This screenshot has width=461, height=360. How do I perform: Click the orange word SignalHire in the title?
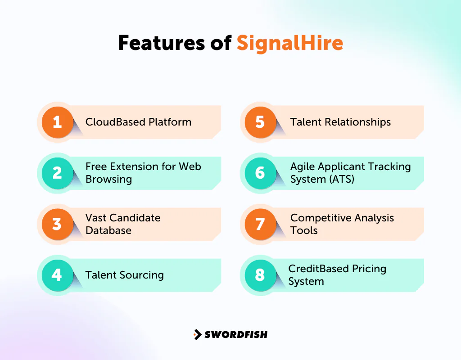(290, 43)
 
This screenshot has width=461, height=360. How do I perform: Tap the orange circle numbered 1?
(57, 122)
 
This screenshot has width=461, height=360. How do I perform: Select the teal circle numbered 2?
(57, 173)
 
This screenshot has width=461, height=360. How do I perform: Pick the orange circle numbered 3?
(57, 224)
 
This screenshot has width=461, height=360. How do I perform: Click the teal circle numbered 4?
(57, 274)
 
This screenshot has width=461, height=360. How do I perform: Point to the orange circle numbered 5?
(260, 122)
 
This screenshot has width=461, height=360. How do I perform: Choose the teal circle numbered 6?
(260, 173)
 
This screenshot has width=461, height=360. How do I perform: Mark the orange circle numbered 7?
(260, 224)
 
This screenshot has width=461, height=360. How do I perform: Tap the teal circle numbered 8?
(260, 274)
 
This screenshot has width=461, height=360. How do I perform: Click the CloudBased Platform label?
(138, 122)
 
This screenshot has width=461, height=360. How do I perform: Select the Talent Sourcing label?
(124, 275)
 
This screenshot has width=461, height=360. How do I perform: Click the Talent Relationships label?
(340, 122)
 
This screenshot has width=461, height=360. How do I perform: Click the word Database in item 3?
(108, 230)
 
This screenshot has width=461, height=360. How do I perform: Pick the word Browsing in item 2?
(108, 179)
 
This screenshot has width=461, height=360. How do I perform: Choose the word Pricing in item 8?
(366, 269)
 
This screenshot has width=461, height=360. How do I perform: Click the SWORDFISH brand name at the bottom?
(236, 334)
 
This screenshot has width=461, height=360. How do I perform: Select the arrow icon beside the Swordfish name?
(197, 334)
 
